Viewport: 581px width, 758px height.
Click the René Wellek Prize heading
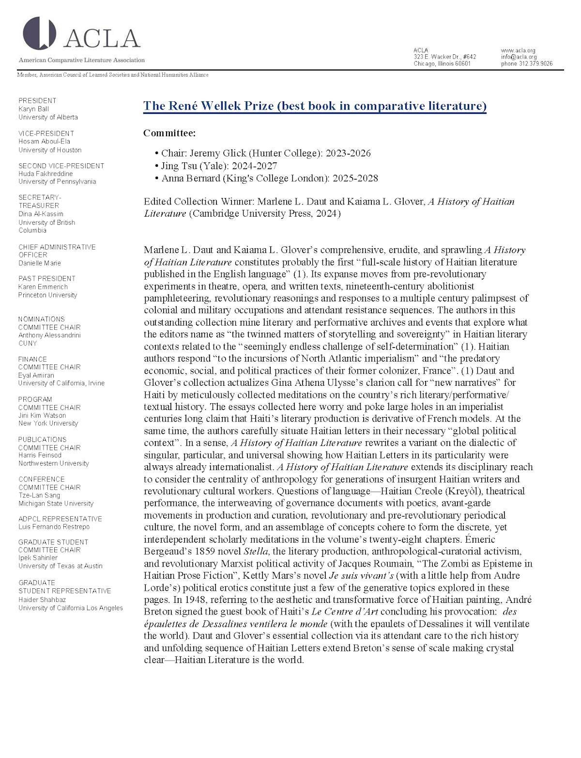point(315,106)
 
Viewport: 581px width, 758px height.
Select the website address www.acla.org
point(518,50)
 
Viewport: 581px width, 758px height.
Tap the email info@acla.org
point(519,57)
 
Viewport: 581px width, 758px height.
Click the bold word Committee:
point(169,133)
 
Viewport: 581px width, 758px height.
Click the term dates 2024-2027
point(255,166)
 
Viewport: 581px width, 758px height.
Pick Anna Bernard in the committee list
point(191,178)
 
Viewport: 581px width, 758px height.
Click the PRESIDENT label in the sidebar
point(37,101)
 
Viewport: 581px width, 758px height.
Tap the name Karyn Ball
point(33,109)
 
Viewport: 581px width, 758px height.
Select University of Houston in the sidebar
point(50,150)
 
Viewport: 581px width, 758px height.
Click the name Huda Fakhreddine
point(46,174)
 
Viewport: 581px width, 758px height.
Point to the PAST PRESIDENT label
point(47,279)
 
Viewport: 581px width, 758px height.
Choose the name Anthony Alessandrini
point(49,335)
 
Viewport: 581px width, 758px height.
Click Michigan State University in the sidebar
point(56,504)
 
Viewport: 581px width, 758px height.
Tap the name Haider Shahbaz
point(42,600)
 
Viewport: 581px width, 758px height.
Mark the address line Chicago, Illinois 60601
point(442,63)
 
